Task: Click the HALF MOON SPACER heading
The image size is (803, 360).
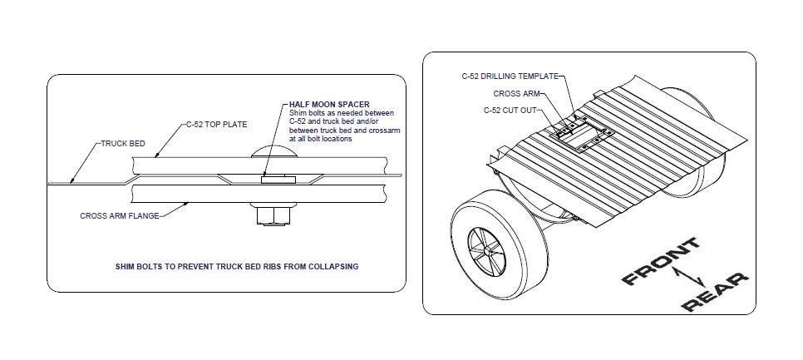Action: pyautogui.click(x=329, y=105)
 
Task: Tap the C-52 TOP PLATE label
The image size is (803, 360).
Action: pyautogui.click(x=216, y=125)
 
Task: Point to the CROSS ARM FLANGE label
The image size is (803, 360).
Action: pyautogui.click(x=120, y=216)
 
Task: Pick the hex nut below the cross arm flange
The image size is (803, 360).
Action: pyautogui.click(x=273, y=217)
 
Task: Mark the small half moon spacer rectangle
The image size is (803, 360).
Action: pyautogui.click(x=278, y=180)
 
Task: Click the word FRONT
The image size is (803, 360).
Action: pyautogui.click(x=661, y=261)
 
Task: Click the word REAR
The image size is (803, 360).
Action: pyautogui.click(x=714, y=293)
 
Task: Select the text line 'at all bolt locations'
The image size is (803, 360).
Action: pyautogui.click(x=321, y=139)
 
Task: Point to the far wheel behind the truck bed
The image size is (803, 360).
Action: pyautogui.click(x=692, y=143)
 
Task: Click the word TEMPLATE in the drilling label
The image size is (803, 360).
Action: pyautogui.click(x=538, y=76)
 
